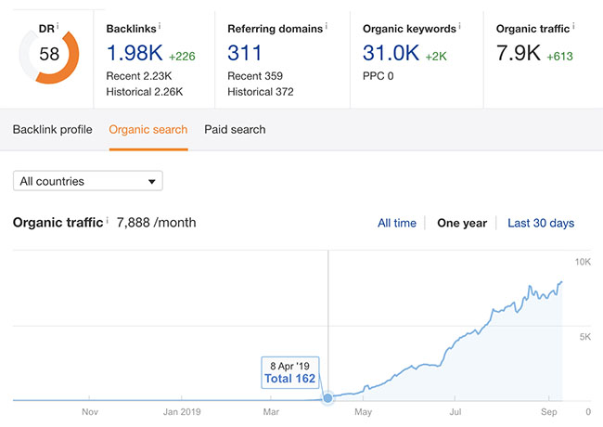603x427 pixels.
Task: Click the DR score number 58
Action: pos(49,54)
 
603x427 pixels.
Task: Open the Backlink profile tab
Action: pos(52,129)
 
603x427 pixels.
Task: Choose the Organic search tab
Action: pos(148,129)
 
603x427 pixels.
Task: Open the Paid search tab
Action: pos(235,129)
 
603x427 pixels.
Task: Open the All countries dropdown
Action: pos(88,181)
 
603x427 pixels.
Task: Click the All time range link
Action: pos(397,223)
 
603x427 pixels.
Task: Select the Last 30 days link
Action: pos(541,223)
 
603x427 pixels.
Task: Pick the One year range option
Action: pos(461,223)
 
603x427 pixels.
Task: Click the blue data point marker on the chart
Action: pos(327,398)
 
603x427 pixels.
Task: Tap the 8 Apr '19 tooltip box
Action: pos(289,371)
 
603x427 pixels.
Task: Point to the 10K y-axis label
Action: pos(584,263)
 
